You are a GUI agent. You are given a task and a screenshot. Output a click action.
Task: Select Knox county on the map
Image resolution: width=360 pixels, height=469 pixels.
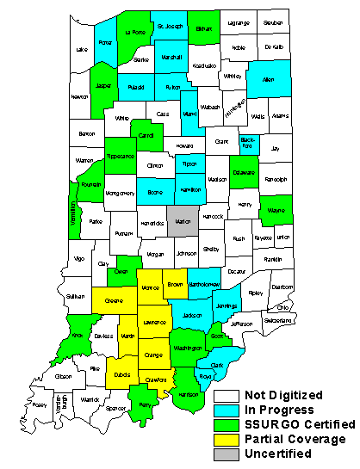click(x=76, y=336)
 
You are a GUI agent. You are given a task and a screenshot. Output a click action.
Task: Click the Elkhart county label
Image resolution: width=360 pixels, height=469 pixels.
click(x=204, y=28)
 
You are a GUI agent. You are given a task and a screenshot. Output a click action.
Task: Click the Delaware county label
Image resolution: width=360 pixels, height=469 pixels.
click(x=244, y=172)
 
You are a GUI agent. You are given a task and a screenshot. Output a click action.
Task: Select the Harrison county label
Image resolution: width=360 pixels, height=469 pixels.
click(x=189, y=394)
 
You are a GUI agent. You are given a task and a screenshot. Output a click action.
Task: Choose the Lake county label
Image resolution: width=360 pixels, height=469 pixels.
click(x=82, y=49)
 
